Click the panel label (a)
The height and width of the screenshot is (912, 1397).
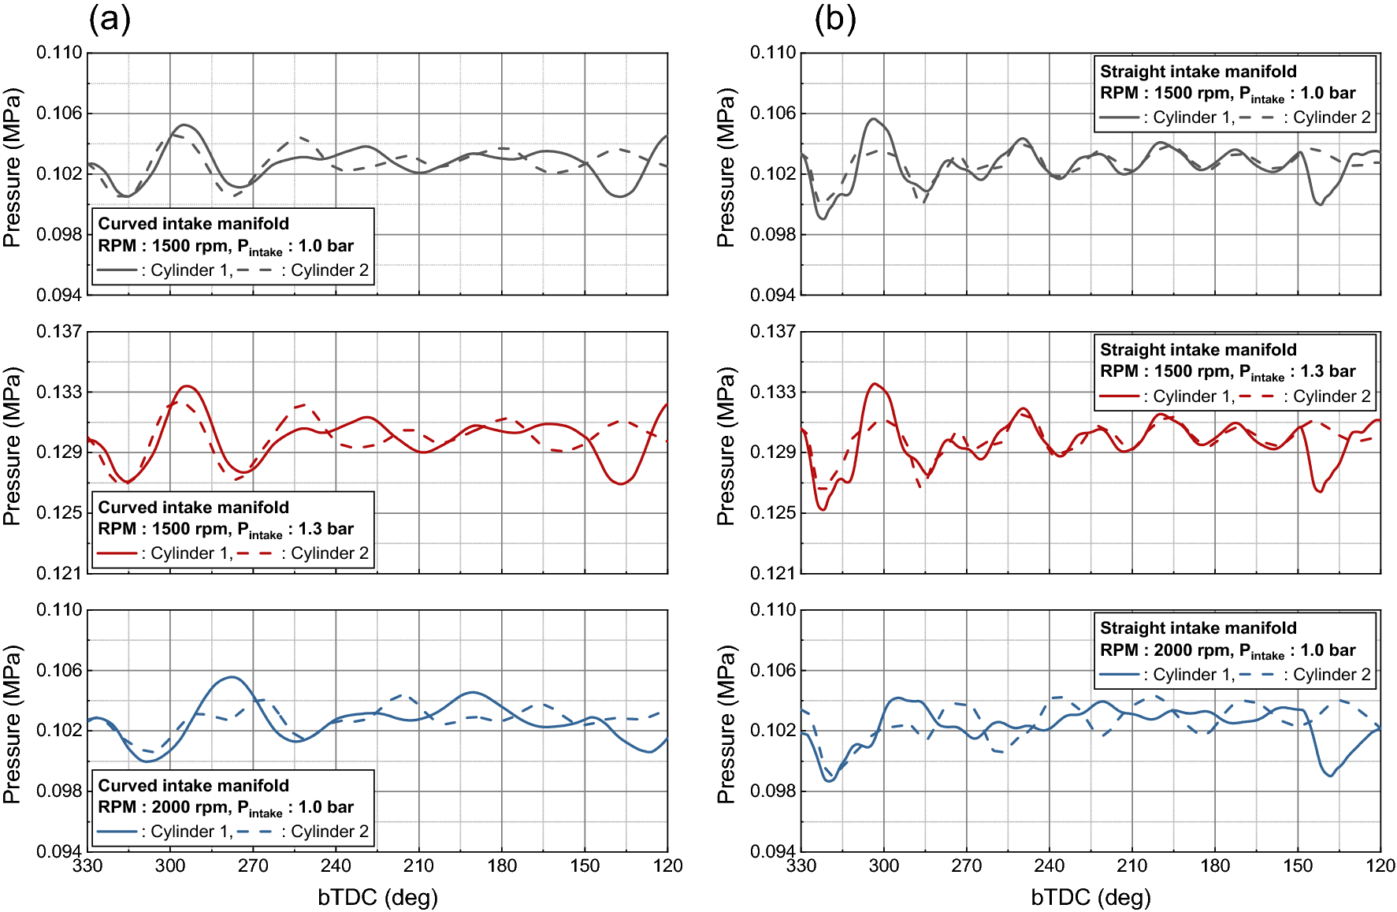(110, 19)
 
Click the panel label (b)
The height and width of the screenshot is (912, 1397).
(834, 19)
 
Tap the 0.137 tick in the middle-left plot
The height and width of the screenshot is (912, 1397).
(59, 331)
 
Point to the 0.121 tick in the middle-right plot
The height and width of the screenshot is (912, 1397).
(772, 573)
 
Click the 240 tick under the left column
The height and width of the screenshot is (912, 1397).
(336, 865)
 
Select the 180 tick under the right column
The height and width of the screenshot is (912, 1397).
(1215, 865)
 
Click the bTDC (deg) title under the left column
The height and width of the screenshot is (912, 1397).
(377, 897)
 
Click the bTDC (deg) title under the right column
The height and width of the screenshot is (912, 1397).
(1090, 897)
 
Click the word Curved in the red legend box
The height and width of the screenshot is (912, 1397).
(126, 508)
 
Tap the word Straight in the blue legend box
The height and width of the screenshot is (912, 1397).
(1131, 628)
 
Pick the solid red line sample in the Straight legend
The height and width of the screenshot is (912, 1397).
(1119, 396)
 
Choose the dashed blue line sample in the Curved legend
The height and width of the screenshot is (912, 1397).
(255, 832)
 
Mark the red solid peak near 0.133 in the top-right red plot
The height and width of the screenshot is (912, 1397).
(875, 384)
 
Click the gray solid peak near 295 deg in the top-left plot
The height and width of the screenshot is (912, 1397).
(184, 125)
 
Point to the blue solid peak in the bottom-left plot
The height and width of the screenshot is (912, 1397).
(231, 676)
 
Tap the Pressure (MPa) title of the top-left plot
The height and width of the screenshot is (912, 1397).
(12, 168)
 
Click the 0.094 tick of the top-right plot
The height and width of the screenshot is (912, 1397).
(772, 295)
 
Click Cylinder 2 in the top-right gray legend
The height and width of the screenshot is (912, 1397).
(1332, 118)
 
